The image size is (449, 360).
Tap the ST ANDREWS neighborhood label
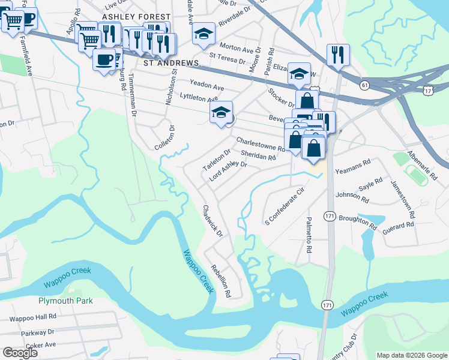click(x=170, y=62)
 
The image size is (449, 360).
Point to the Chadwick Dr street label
click(x=212, y=220)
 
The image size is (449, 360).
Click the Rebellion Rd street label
click(x=220, y=281)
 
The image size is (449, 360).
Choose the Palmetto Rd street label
click(x=309, y=234)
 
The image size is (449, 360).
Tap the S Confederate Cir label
click(x=285, y=206)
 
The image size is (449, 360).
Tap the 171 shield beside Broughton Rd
click(x=330, y=215)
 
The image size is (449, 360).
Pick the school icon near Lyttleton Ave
click(x=221, y=112)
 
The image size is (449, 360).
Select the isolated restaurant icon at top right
click(x=338, y=55)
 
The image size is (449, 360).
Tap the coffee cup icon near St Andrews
click(x=104, y=60)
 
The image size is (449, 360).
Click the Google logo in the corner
click(x=20, y=353)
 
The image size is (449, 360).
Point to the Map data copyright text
click(x=411, y=355)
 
